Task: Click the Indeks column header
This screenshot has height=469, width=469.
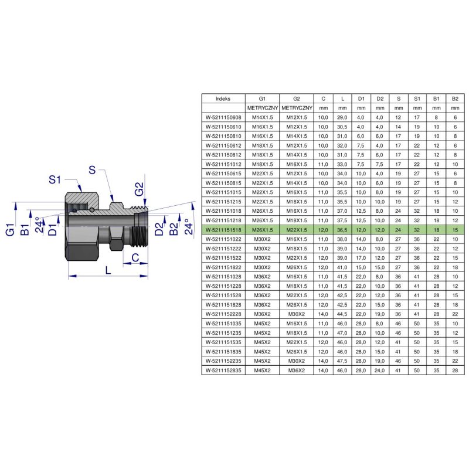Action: (x=223, y=98)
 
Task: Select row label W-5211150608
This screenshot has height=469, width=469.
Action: (x=223, y=118)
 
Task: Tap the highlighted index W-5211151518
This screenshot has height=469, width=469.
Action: (x=223, y=230)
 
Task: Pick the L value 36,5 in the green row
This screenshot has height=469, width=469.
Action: (x=342, y=230)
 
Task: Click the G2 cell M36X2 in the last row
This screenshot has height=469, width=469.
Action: (x=297, y=371)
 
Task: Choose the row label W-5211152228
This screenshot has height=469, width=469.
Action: (x=223, y=314)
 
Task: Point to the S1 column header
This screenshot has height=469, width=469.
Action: (x=417, y=98)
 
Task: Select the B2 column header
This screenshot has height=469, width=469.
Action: (x=455, y=98)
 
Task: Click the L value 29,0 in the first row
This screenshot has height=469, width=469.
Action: (x=342, y=118)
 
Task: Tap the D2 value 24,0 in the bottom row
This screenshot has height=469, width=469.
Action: (x=379, y=371)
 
